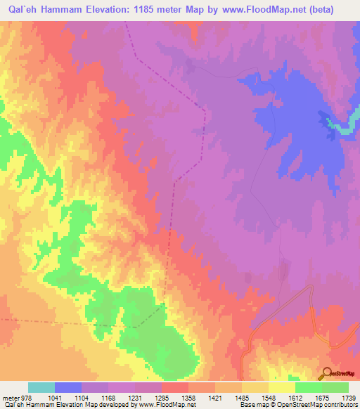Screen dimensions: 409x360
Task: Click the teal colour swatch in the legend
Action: (41, 387)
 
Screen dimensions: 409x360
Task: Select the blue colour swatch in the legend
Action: (68, 387)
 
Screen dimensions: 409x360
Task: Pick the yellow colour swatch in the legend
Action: (282, 387)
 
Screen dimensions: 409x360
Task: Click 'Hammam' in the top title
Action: (68, 9)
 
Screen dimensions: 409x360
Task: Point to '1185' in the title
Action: (161, 9)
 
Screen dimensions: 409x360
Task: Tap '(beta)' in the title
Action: (334, 9)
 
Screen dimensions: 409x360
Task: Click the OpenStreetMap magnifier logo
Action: (326, 372)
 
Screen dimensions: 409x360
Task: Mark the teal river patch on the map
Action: (340, 127)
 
